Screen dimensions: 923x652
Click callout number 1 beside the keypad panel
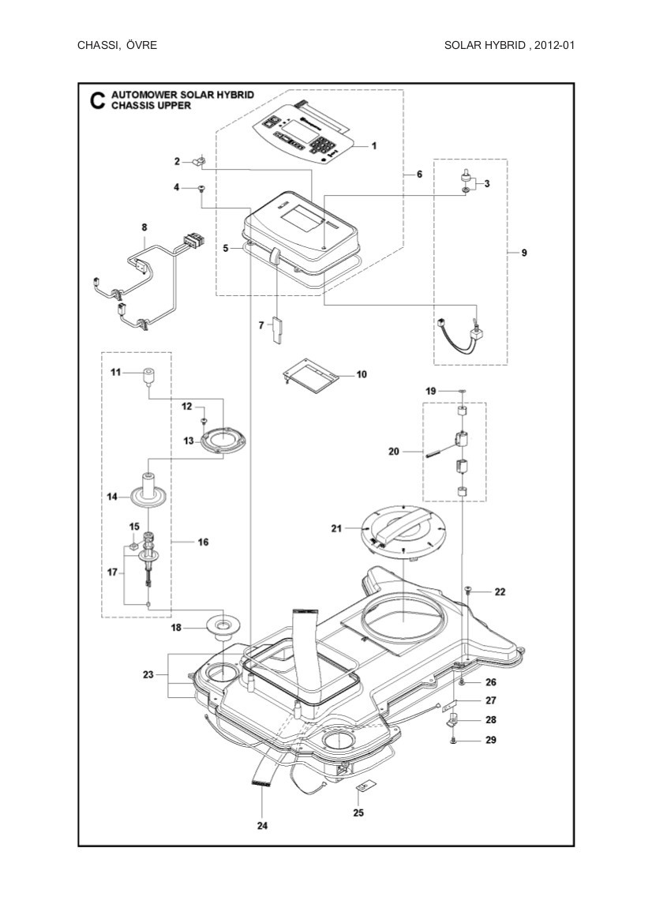point(374,145)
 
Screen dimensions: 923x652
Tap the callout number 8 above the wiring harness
point(144,227)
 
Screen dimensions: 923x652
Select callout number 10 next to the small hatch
point(362,374)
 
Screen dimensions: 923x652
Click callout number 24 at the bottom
point(262,826)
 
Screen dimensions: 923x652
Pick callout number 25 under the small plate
point(358,812)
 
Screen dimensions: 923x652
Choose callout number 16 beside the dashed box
point(203,542)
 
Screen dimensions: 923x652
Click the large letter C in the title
point(96,101)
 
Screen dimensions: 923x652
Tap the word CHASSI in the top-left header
point(98,45)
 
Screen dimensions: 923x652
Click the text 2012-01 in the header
point(553,45)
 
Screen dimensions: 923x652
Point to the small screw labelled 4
point(201,188)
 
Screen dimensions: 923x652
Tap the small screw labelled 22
point(468,589)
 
